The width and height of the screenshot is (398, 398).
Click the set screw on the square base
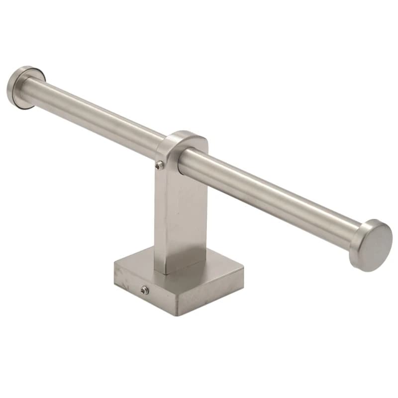(144, 290)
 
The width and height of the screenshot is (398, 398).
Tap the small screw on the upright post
(159, 166)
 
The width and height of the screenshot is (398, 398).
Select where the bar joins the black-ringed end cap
(25, 90)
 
